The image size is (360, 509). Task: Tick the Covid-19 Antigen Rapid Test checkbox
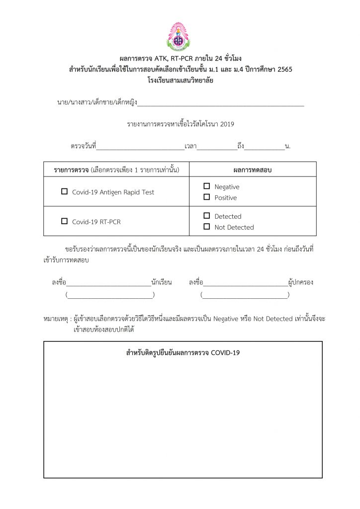[x=64, y=191]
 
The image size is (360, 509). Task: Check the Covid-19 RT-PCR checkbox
[x=64, y=221]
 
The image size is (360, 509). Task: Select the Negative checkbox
[x=206, y=186]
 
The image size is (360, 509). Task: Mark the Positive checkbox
[x=206, y=197]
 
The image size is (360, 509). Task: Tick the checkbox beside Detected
[x=206, y=216]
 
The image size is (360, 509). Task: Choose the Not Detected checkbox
[x=206, y=227]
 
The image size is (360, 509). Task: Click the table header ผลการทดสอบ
[x=253, y=170]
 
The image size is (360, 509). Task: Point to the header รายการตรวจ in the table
[x=72, y=170]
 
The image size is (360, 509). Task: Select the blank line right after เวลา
[x=217, y=147]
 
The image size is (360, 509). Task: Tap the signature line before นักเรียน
[x=108, y=283]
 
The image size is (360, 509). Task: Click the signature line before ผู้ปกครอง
[x=245, y=283]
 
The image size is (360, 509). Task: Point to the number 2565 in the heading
[x=283, y=69]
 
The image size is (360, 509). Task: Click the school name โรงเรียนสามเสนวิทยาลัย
[x=180, y=80]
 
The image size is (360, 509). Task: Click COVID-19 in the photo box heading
[x=225, y=353]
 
